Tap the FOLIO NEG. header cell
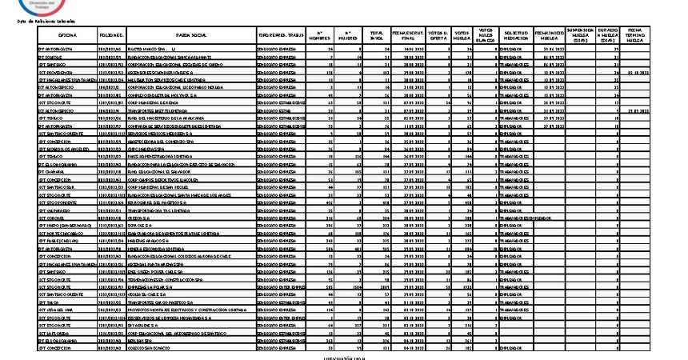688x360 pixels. (x=111, y=36)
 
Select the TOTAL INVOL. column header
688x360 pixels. (x=375, y=36)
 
